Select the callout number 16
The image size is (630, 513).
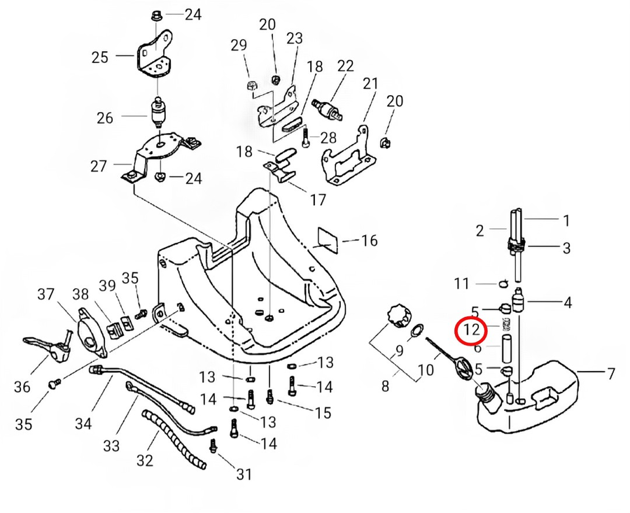click(369, 241)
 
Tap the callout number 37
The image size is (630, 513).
click(45, 294)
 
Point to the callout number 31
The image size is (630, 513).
click(243, 475)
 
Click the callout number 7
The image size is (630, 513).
click(610, 373)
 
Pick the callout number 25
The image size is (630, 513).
click(100, 56)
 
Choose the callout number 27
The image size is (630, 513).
click(99, 166)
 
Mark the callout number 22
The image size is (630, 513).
click(345, 66)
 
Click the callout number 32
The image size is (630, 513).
click(144, 461)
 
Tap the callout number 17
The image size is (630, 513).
click(317, 199)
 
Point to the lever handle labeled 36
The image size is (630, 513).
click(45, 344)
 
